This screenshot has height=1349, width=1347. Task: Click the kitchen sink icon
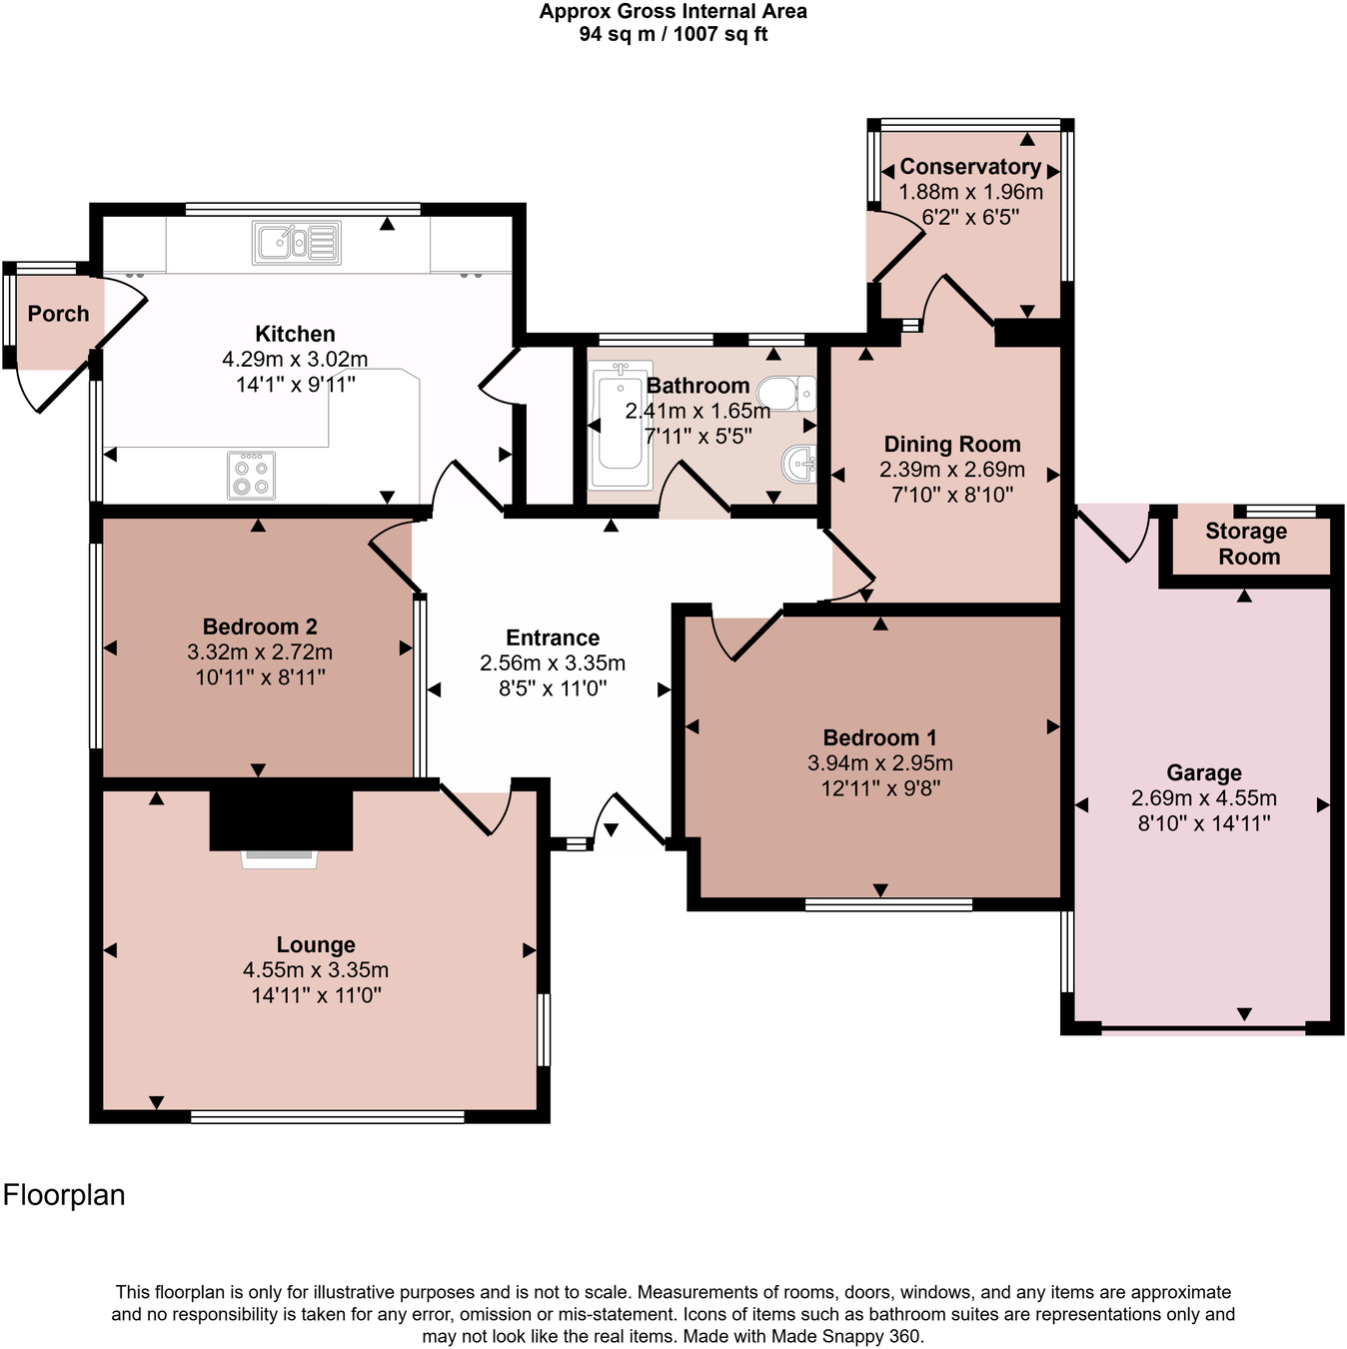(297, 243)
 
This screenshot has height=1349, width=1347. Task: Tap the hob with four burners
(251, 476)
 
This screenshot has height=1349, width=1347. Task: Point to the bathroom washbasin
(800, 464)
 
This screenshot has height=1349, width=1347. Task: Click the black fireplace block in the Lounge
(281, 818)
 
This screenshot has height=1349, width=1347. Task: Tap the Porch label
(58, 314)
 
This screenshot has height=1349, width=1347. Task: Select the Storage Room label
(1246, 544)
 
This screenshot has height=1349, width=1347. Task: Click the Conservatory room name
(970, 167)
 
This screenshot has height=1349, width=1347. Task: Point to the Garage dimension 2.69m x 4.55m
(1203, 798)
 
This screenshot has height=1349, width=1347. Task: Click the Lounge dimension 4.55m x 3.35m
(316, 970)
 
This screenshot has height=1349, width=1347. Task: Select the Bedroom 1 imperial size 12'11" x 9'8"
(880, 788)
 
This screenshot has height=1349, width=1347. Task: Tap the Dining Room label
(952, 445)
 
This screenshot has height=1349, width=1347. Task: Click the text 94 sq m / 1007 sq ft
(673, 34)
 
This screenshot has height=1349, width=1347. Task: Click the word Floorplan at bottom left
(64, 1195)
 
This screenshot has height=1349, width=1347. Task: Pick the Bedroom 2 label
(260, 627)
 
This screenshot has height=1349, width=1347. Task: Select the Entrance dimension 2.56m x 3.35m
(553, 664)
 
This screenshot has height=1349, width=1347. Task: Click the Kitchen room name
(295, 334)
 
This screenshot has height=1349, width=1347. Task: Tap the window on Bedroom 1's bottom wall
(888, 905)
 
